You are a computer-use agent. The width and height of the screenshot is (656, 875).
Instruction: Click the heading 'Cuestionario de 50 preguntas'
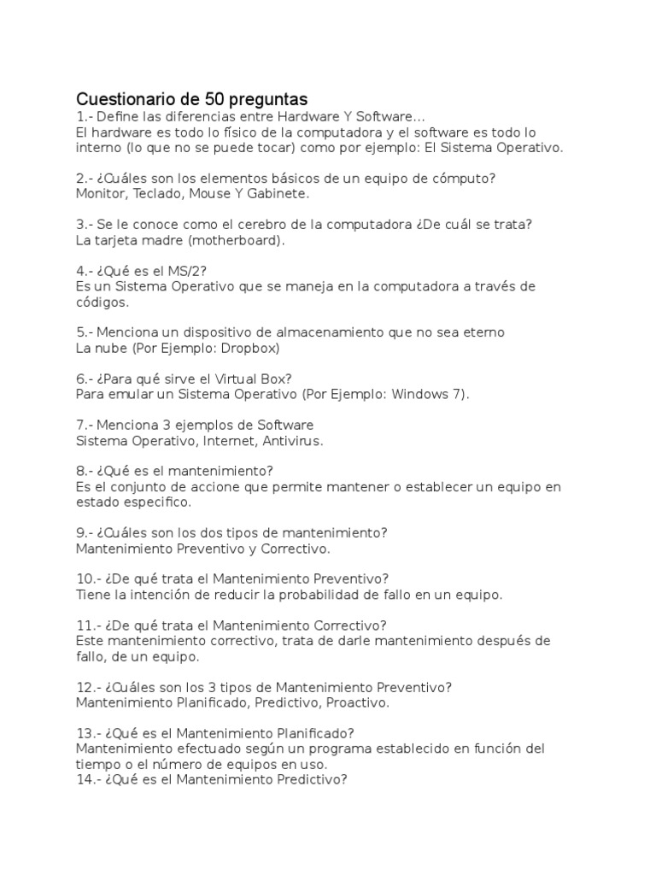pos(191,98)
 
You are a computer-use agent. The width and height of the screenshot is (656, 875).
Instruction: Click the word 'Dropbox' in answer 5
pos(251,349)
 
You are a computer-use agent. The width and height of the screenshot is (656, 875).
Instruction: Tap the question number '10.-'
pos(88,578)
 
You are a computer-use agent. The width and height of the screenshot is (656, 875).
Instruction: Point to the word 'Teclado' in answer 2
pos(157,194)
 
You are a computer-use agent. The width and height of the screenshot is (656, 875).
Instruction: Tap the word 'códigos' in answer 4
pos(102,302)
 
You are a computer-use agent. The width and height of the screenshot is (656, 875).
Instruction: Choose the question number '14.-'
pos(88,779)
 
